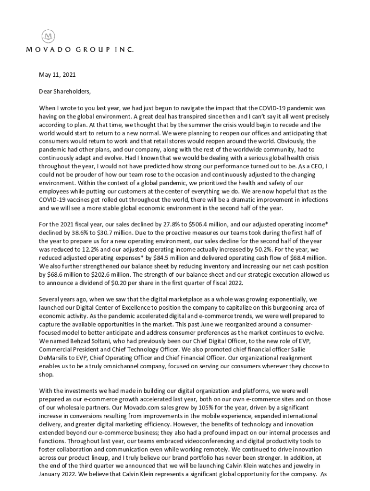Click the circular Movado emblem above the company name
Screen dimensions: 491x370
coord(48,36)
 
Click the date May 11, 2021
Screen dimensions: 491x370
coord(57,75)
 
